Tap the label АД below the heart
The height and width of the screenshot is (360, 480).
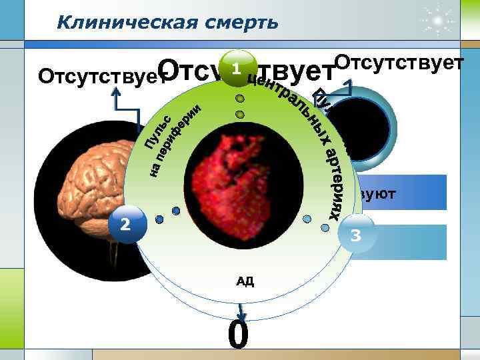245,281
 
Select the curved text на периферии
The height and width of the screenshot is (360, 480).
175,141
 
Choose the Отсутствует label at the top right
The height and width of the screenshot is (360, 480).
399,63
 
